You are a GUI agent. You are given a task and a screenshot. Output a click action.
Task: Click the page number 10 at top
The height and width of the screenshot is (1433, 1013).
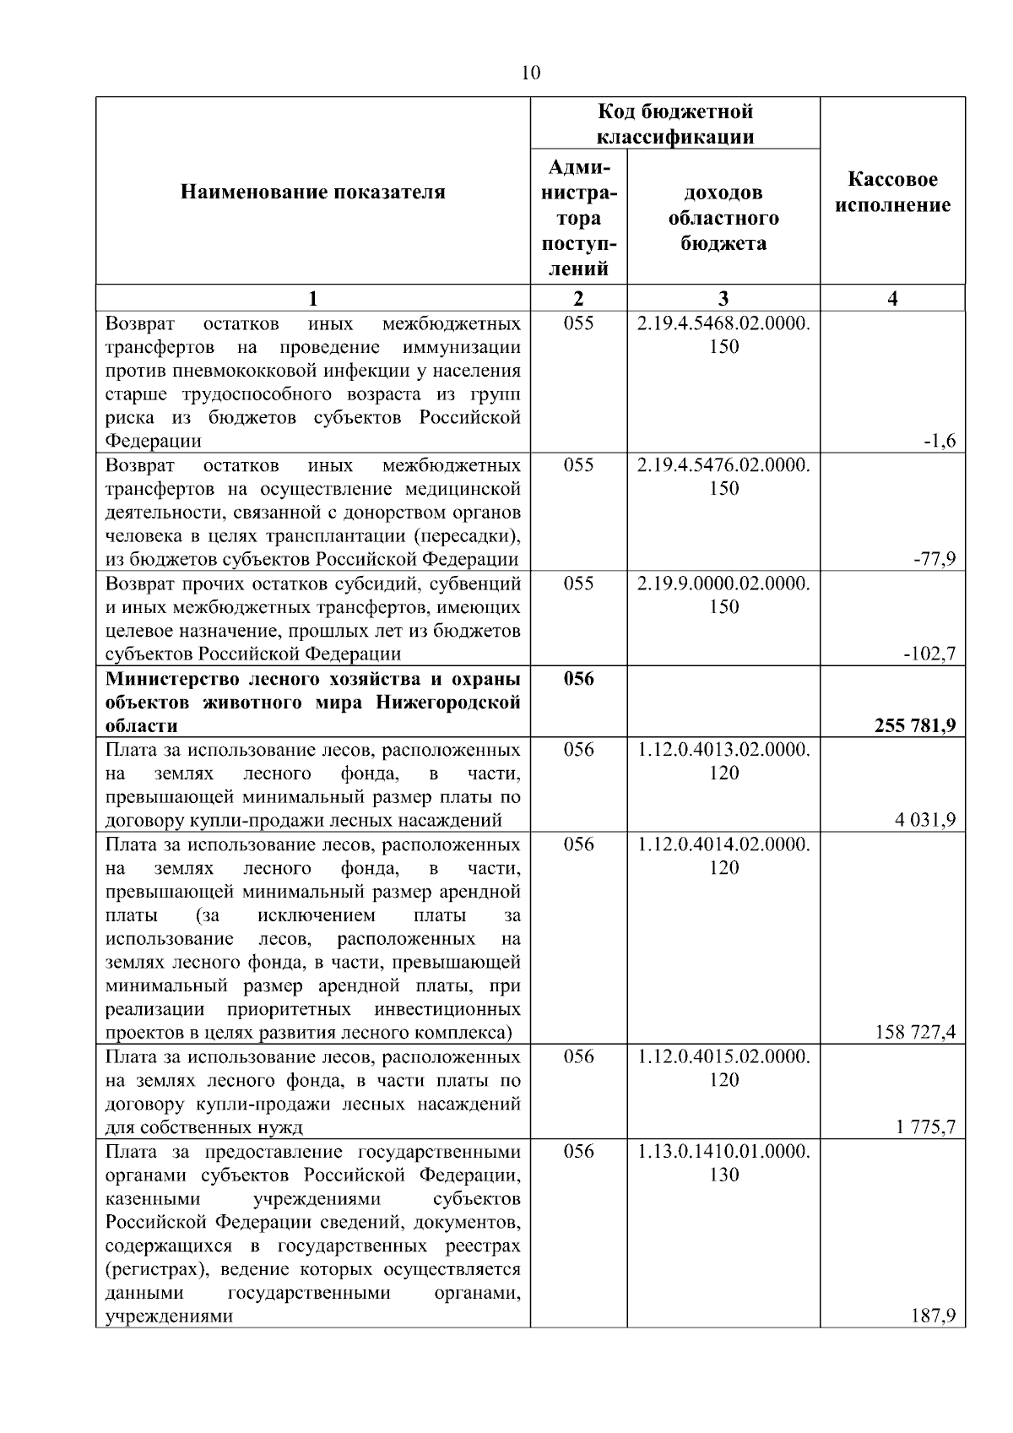click(x=530, y=73)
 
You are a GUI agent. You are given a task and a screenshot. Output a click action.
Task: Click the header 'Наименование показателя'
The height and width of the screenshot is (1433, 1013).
click(x=313, y=193)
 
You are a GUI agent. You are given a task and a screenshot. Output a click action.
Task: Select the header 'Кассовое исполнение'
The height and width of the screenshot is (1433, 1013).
click(x=892, y=193)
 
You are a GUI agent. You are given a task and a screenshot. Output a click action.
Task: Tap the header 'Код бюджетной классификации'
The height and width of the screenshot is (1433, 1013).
click(x=674, y=124)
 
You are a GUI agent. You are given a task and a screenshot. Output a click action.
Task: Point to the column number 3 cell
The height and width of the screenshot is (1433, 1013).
click(x=723, y=298)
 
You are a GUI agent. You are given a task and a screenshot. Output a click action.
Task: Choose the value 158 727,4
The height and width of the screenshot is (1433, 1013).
click(x=915, y=1032)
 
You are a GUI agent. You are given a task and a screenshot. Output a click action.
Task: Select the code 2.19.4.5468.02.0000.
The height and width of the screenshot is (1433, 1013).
click(x=723, y=323)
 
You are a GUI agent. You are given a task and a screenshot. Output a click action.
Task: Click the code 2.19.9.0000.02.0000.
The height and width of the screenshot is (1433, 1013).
click(x=723, y=584)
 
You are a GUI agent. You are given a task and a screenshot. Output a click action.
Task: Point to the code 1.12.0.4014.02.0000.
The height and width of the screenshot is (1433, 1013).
click(x=723, y=844)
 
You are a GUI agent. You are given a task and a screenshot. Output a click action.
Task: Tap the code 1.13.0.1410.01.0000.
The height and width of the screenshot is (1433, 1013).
click(x=723, y=1152)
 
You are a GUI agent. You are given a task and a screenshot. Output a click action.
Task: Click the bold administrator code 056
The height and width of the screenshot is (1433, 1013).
click(x=578, y=679)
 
